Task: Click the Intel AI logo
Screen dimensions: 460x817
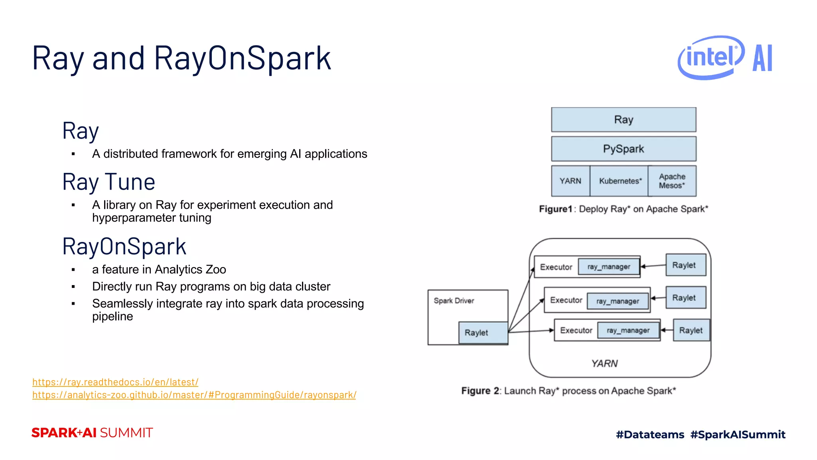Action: [x=725, y=57]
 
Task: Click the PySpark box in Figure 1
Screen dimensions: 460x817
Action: [x=624, y=149]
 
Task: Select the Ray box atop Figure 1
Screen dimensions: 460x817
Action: [x=624, y=119]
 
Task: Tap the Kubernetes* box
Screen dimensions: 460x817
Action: [x=620, y=181]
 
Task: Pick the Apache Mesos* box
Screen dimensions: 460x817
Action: [x=672, y=181]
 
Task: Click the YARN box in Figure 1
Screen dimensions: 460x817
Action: [x=570, y=181]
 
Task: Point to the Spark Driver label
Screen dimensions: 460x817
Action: [x=454, y=301]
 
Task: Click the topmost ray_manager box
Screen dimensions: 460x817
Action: [x=609, y=267]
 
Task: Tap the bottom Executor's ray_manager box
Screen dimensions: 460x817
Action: [x=628, y=330]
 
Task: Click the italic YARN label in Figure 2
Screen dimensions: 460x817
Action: [x=604, y=363]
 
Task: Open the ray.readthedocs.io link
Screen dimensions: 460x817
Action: [x=115, y=382]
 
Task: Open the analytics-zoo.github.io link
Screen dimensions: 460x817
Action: [x=194, y=395]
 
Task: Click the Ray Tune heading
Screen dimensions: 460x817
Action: [x=109, y=182]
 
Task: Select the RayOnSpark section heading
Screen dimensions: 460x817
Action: [x=124, y=246]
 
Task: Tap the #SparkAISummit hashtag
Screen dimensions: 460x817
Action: [x=738, y=434]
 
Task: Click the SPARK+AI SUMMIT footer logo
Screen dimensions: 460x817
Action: [x=92, y=433]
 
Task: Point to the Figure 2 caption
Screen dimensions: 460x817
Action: [x=568, y=391]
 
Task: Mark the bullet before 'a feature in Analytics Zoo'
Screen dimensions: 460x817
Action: [x=73, y=270]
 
